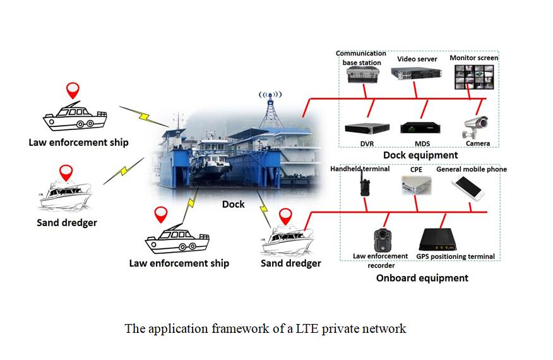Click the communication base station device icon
coord(361,75)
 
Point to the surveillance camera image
coord(475,126)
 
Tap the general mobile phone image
coord(468,187)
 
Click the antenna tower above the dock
coord(271,111)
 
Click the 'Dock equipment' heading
coord(420,155)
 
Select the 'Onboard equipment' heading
coord(422,278)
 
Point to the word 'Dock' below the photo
coord(233,205)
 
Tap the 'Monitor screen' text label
coord(473,58)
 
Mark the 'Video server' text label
coord(417,59)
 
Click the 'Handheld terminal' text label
coord(360,169)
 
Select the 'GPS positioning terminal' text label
coord(455,256)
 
